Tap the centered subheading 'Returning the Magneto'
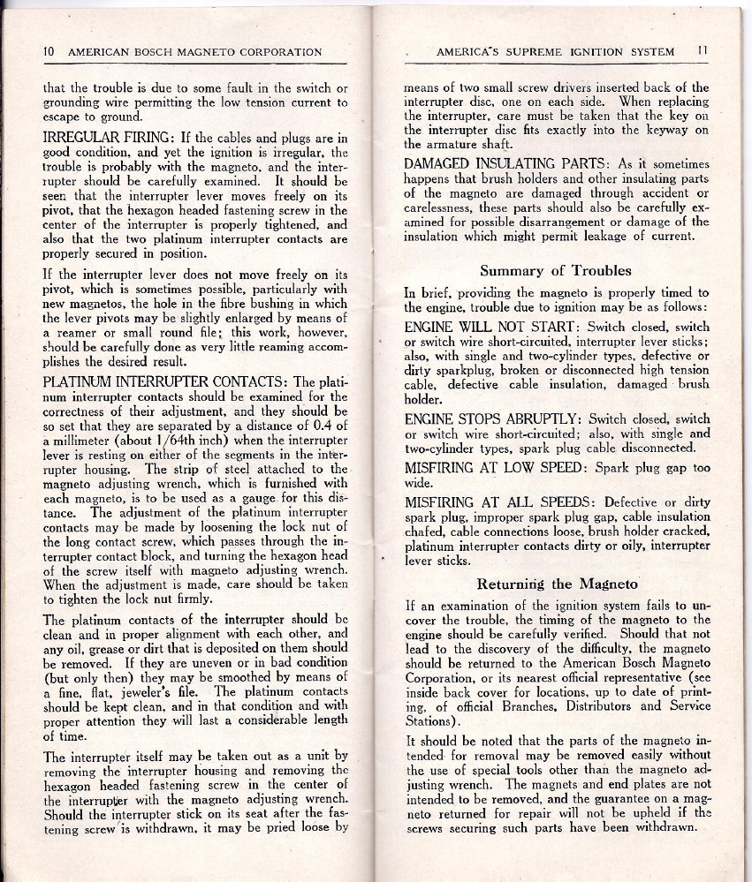(558, 584)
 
